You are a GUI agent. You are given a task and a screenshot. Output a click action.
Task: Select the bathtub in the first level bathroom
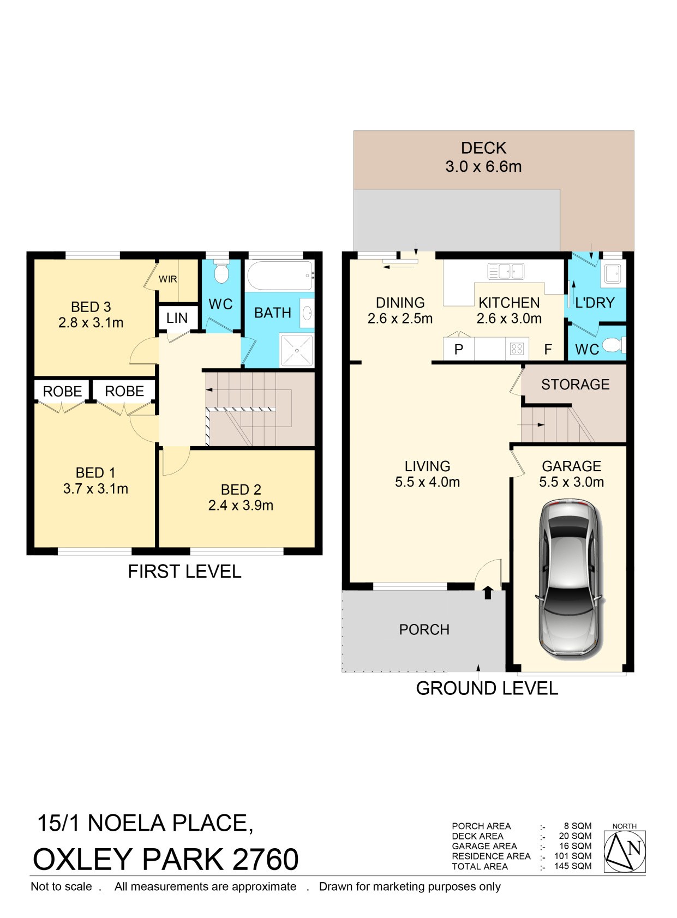(x=279, y=276)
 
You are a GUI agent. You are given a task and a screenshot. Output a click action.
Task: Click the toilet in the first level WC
(x=221, y=271)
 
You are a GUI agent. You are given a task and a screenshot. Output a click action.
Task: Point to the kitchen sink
(x=506, y=271)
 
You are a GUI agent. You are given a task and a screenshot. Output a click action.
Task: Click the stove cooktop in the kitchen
(x=517, y=349)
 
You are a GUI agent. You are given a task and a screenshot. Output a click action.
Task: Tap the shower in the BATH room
(x=297, y=350)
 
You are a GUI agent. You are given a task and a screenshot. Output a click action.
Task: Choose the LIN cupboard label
(x=177, y=317)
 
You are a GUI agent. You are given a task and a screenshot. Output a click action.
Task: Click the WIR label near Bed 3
(x=168, y=279)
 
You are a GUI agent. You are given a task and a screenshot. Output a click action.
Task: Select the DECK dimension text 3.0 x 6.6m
(x=483, y=166)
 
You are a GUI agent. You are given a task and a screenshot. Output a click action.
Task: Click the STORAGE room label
(x=576, y=385)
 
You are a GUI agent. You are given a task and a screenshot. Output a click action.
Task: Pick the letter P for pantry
(x=459, y=349)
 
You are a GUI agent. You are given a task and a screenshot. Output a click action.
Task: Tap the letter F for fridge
(x=548, y=349)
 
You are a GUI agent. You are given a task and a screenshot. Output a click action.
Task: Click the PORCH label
(x=424, y=629)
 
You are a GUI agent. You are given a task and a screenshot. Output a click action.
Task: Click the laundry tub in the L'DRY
(x=613, y=274)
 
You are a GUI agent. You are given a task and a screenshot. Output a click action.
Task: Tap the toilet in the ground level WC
(x=615, y=345)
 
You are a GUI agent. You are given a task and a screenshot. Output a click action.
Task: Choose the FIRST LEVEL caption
(x=184, y=571)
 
